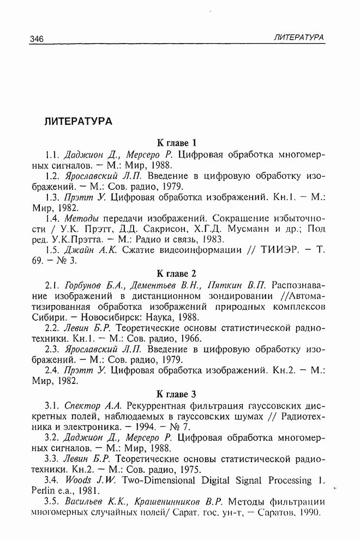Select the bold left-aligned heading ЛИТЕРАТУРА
(78, 121)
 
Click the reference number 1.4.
(52, 218)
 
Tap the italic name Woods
(77, 480)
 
